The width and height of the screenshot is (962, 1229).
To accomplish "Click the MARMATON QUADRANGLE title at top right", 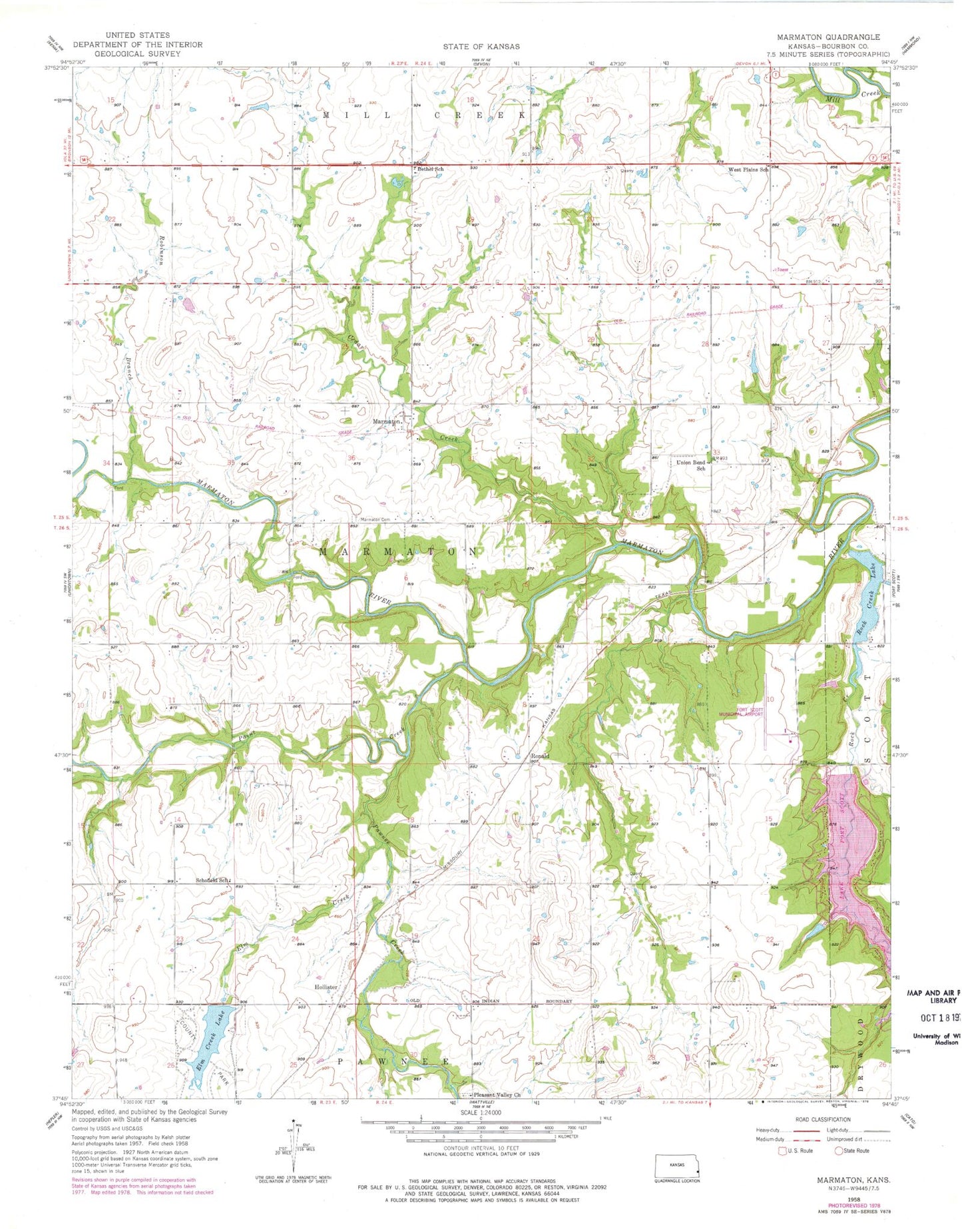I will pos(828,37).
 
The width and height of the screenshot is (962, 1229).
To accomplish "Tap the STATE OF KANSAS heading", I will pos(481,47).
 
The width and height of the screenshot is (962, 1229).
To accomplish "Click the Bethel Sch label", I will pos(430,169).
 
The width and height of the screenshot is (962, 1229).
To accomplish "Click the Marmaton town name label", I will pos(386,421).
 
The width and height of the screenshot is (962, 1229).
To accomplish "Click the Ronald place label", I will pos(539,756).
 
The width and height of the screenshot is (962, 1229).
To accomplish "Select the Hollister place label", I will pos(326,987).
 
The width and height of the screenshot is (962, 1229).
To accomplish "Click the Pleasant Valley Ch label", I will pos(495,1095).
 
